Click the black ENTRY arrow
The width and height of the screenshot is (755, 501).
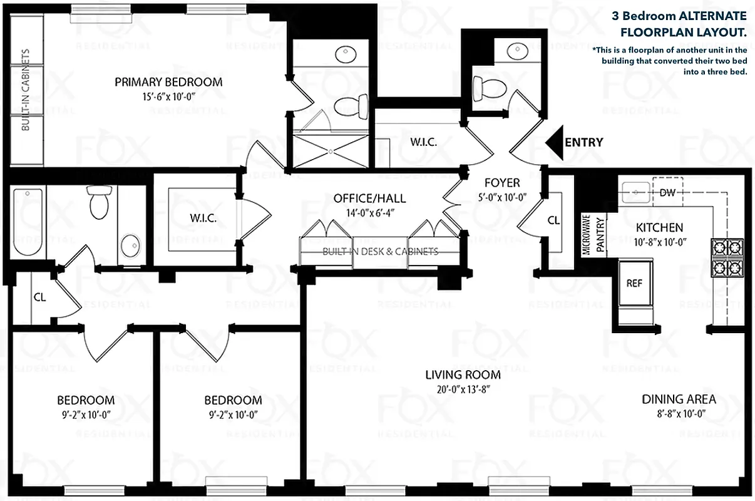[554, 143]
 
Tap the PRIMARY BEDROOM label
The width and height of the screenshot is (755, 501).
[168, 82]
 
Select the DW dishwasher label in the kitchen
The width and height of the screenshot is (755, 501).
[668, 192]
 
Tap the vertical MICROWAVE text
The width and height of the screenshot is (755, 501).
[587, 234]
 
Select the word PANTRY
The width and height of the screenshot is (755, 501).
[600, 235]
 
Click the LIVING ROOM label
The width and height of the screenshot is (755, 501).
[463, 375]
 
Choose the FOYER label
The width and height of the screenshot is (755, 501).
[502, 183]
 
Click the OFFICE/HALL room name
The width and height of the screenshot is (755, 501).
[369, 199]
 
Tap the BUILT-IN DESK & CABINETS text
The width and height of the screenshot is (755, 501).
[380, 252]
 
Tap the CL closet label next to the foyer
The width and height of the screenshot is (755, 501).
[553, 220]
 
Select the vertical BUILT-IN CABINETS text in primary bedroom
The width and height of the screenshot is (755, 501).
[26, 90]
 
